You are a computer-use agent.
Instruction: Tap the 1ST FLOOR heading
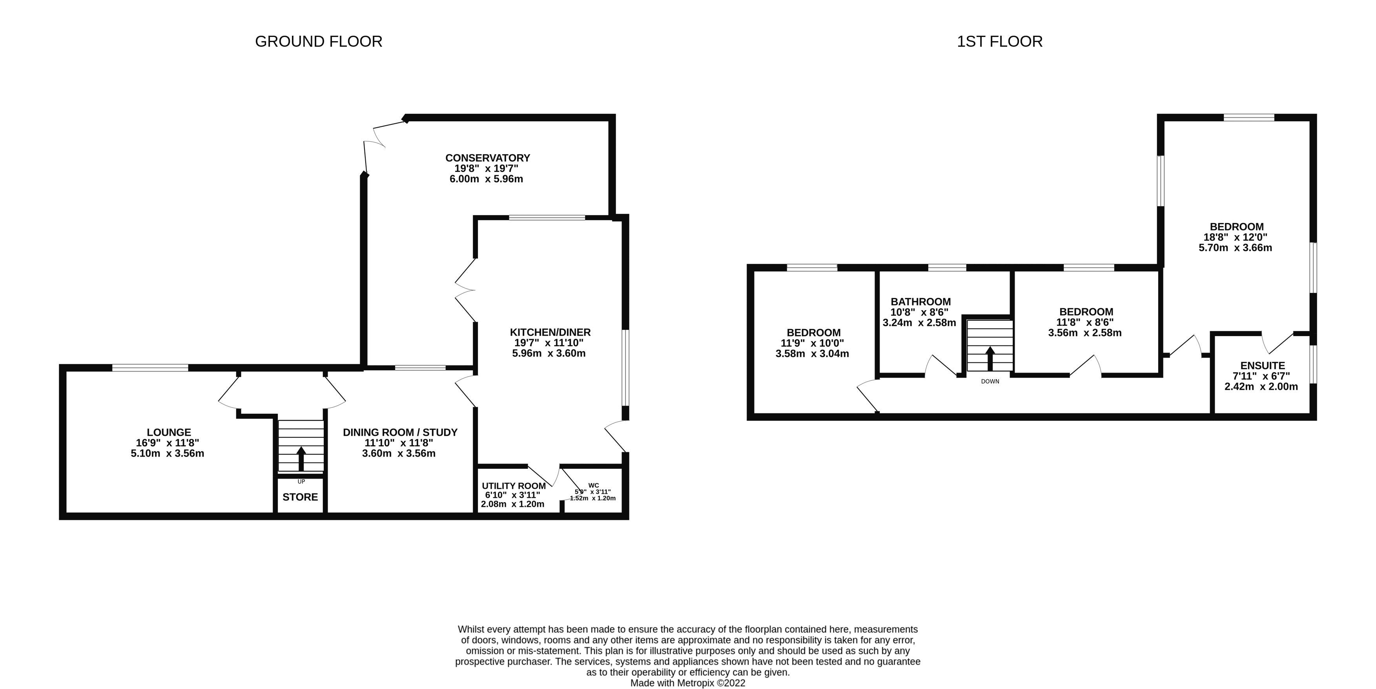[x=999, y=41]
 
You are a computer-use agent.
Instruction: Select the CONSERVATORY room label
[x=487, y=158]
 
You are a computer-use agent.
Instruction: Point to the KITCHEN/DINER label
[x=550, y=332]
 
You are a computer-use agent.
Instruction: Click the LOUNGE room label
[x=169, y=432]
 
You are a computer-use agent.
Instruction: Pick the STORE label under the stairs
[x=300, y=497]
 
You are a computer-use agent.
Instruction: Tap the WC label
[x=594, y=485]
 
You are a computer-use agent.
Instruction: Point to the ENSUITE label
[x=1262, y=366]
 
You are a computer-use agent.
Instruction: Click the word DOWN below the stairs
[x=990, y=381]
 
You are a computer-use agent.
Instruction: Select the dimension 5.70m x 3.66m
[x=1235, y=247]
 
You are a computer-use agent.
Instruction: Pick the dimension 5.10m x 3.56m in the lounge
[x=167, y=453]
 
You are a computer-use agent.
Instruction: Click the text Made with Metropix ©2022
[x=687, y=683]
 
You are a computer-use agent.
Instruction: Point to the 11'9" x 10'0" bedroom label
[x=813, y=333]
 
